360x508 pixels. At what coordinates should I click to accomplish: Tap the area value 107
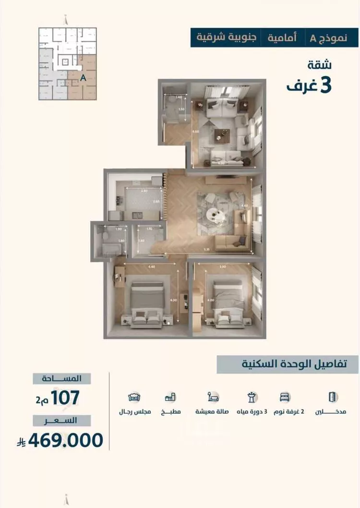click(64, 398)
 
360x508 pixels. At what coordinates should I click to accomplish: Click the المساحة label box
click(62, 378)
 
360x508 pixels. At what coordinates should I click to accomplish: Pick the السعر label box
click(62, 421)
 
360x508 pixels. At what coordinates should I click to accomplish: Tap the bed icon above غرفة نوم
click(285, 397)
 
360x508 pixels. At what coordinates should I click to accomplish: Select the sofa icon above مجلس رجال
click(134, 397)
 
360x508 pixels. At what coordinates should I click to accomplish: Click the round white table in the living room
click(215, 215)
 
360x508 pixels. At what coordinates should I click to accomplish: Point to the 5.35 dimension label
click(206, 249)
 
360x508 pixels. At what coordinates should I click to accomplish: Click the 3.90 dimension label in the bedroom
click(222, 266)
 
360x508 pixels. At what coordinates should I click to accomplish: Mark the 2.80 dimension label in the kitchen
click(144, 191)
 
